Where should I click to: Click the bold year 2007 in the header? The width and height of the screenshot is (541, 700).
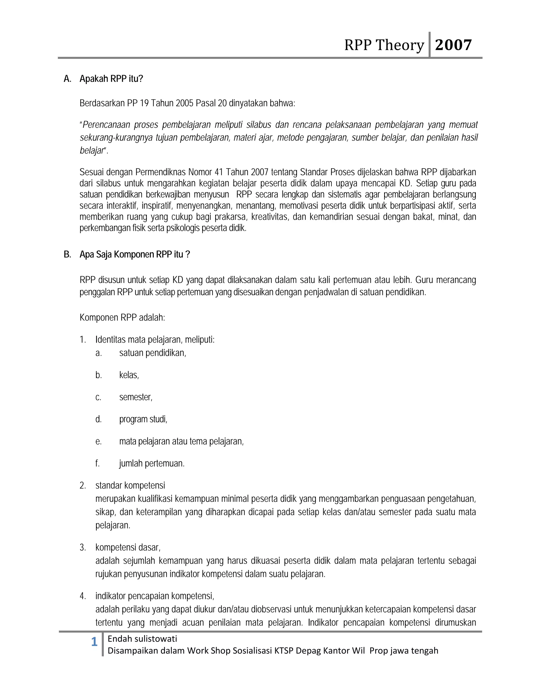(x=453, y=45)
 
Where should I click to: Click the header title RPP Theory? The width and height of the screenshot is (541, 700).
(x=384, y=45)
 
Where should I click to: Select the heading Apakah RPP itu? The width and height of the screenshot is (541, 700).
(x=111, y=79)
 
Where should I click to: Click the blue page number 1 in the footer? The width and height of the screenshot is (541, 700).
(x=94, y=642)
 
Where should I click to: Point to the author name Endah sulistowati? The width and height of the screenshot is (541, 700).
(x=142, y=639)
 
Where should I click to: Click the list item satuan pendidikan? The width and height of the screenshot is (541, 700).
(x=153, y=353)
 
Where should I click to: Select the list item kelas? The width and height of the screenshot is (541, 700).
(x=129, y=375)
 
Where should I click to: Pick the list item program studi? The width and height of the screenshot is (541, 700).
(x=143, y=419)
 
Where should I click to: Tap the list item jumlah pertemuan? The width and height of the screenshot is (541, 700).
(x=152, y=464)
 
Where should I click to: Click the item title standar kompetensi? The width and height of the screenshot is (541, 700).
(x=130, y=486)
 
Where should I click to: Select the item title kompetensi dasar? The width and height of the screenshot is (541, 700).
(x=128, y=547)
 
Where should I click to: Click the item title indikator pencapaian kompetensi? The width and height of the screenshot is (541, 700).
(x=155, y=596)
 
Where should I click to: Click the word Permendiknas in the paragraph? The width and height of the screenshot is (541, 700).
(x=160, y=172)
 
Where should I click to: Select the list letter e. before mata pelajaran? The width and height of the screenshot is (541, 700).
(x=98, y=441)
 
